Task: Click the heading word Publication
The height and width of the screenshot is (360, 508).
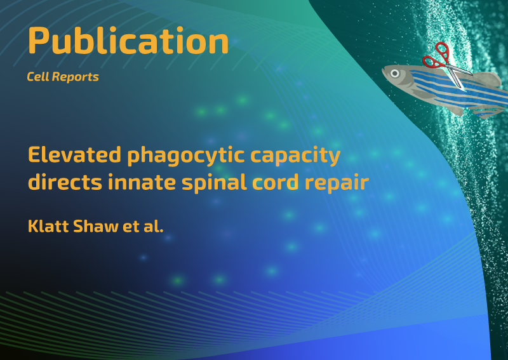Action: [128, 41]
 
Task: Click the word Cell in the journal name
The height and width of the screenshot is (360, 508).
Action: [37, 77]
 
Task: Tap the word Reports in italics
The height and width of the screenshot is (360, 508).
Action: [75, 77]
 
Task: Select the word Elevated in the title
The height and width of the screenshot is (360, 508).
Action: [74, 154]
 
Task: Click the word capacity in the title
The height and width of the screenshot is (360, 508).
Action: [295, 156]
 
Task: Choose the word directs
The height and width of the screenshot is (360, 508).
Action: [65, 182]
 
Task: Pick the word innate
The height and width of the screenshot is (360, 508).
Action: [142, 182]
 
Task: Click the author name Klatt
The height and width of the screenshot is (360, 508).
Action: [48, 226]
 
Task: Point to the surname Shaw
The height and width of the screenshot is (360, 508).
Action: [96, 226]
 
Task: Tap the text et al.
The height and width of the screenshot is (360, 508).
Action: [143, 226]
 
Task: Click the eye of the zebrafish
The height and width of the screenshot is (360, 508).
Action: [394, 73]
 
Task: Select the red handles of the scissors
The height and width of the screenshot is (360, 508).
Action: [437, 56]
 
